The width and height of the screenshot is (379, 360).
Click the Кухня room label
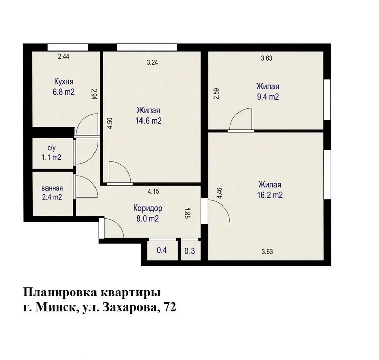coord(64,82)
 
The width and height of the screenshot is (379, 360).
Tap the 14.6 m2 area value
coord(149,121)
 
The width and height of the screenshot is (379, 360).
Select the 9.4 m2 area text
coord(268,97)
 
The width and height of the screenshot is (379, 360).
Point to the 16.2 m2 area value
coord(270,195)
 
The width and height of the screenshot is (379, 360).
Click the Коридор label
coord(148,208)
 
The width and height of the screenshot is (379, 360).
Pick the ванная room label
coord(52,188)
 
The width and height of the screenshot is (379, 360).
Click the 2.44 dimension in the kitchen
coord(64,57)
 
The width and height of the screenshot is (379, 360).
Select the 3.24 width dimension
coord(152,62)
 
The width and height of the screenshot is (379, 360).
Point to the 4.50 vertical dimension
coord(110,123)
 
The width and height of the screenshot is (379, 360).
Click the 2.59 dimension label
coord(216,94)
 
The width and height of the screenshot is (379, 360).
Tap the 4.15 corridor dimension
coord(153,192)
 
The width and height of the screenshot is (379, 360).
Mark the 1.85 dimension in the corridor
coord(187,213)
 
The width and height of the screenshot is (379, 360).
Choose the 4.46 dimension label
coord(219,194)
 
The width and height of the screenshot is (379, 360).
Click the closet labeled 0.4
coord(162,250)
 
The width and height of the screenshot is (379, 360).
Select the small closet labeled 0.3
coord(189,251)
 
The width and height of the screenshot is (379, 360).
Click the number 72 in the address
coord(170,307)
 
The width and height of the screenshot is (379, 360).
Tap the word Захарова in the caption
coord(131,307)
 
